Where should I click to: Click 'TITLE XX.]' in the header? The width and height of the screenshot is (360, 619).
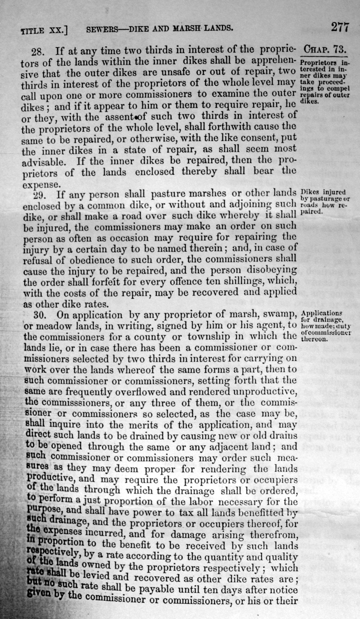click(44, 31)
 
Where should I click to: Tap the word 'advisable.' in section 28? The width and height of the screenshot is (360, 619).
click(43, 161)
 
